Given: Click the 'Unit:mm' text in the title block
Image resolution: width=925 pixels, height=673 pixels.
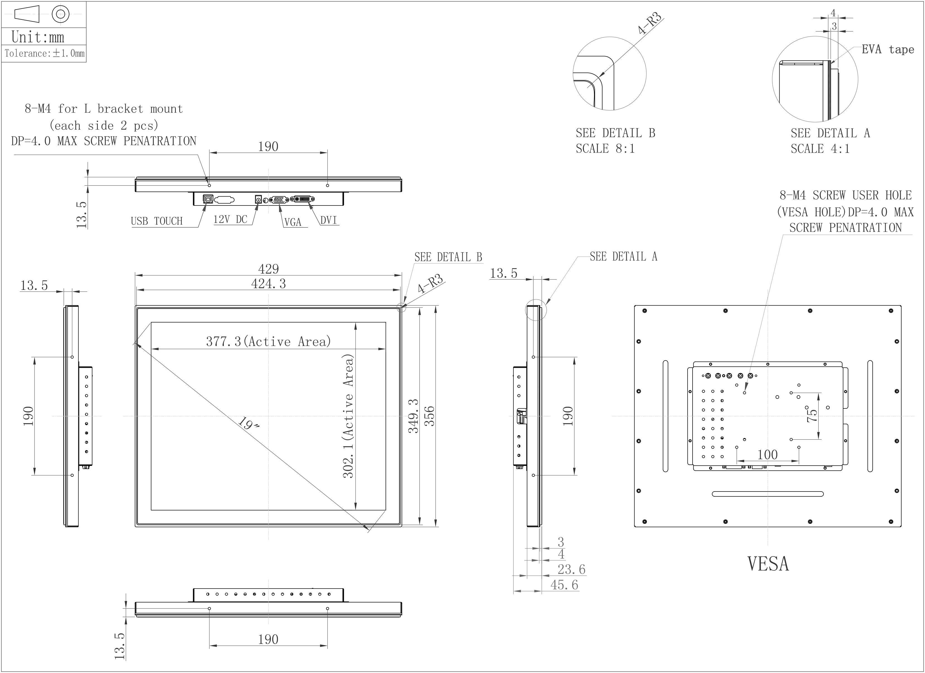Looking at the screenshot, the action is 38,37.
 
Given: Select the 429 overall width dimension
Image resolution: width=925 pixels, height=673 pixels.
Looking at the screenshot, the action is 268,269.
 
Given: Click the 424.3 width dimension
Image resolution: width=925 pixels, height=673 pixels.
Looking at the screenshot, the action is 268,284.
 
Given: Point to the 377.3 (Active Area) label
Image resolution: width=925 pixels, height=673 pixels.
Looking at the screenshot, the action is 268,342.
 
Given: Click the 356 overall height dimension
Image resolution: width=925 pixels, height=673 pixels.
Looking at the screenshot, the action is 429,416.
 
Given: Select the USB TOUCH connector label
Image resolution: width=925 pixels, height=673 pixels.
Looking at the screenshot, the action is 157,221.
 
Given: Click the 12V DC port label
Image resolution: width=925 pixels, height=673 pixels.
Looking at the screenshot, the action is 230,219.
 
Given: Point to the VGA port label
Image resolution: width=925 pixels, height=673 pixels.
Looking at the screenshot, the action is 293,222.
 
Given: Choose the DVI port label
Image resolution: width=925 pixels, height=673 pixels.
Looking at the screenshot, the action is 329,220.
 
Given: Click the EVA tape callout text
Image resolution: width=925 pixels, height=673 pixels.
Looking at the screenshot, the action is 888,50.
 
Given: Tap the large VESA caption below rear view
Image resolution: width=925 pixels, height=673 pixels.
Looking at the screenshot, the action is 768,564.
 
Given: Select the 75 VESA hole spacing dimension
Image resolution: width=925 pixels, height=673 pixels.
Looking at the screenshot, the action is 812,416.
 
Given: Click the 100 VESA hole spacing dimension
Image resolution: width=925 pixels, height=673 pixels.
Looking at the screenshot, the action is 767,454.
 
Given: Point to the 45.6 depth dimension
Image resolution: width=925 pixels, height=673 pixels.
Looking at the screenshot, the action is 564,585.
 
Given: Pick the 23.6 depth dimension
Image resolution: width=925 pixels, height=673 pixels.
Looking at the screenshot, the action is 571,569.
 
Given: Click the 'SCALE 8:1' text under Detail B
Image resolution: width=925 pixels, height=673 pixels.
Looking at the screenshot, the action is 605,149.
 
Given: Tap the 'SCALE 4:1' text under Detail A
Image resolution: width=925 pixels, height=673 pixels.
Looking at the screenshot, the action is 820,149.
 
